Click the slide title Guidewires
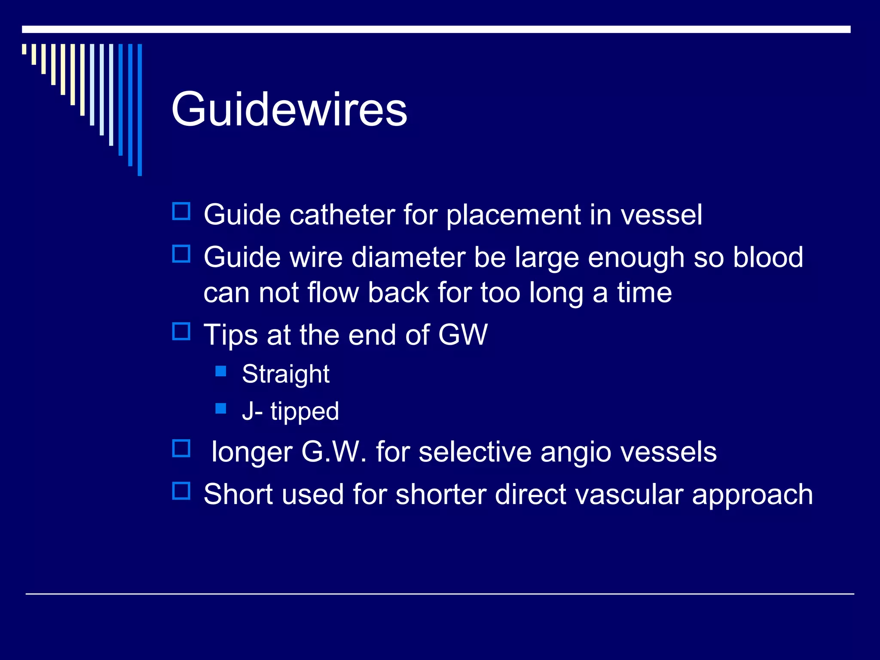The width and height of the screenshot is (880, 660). [x=289, y=110]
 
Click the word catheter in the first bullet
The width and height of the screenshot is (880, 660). [x=342, y=214]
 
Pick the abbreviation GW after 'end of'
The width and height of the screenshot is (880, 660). [x=462, y=335]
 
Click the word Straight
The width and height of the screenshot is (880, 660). [x=285, y=374]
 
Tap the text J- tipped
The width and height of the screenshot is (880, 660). [x=290, y=411]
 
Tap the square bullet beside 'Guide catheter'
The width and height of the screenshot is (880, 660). [x=181, y=211]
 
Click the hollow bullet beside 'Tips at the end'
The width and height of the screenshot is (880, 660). [x=181, y=331]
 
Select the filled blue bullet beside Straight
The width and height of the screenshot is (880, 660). [x=221, y=371]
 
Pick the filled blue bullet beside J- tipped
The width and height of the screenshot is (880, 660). [x=221, y=408]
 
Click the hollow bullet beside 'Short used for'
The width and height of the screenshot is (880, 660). [x=181, y=491]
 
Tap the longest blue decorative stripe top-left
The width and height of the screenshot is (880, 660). [x=140, y=110]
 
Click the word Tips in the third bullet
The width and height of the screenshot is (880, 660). [x=230, y=335]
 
